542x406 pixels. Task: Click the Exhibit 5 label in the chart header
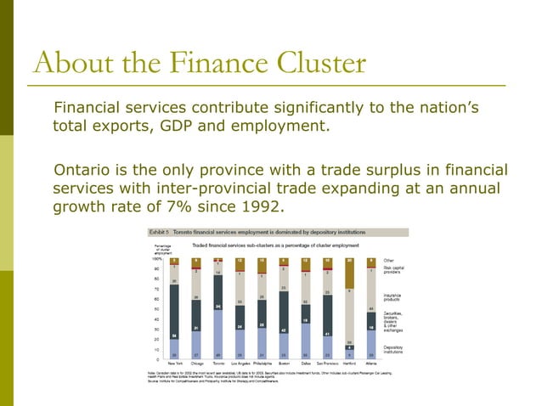[x=161, y=232]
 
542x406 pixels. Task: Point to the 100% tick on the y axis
[x=156, y=258]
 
